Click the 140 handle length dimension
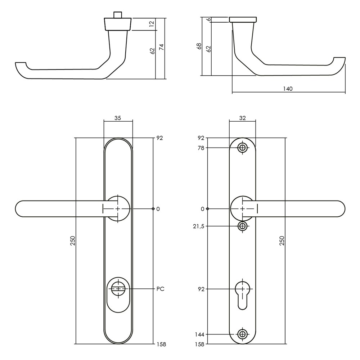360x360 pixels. (288, 89)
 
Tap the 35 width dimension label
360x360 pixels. (118, 118)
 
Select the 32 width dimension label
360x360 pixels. (242, 118)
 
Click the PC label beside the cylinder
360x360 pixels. (161, 289)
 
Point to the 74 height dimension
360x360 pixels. (162, 47)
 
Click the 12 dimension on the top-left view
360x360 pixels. (152, 24)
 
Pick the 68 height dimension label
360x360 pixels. (199, 46)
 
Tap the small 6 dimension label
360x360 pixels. (209, 19)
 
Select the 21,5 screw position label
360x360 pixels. (199, 226)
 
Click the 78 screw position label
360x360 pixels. (201, 148)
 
